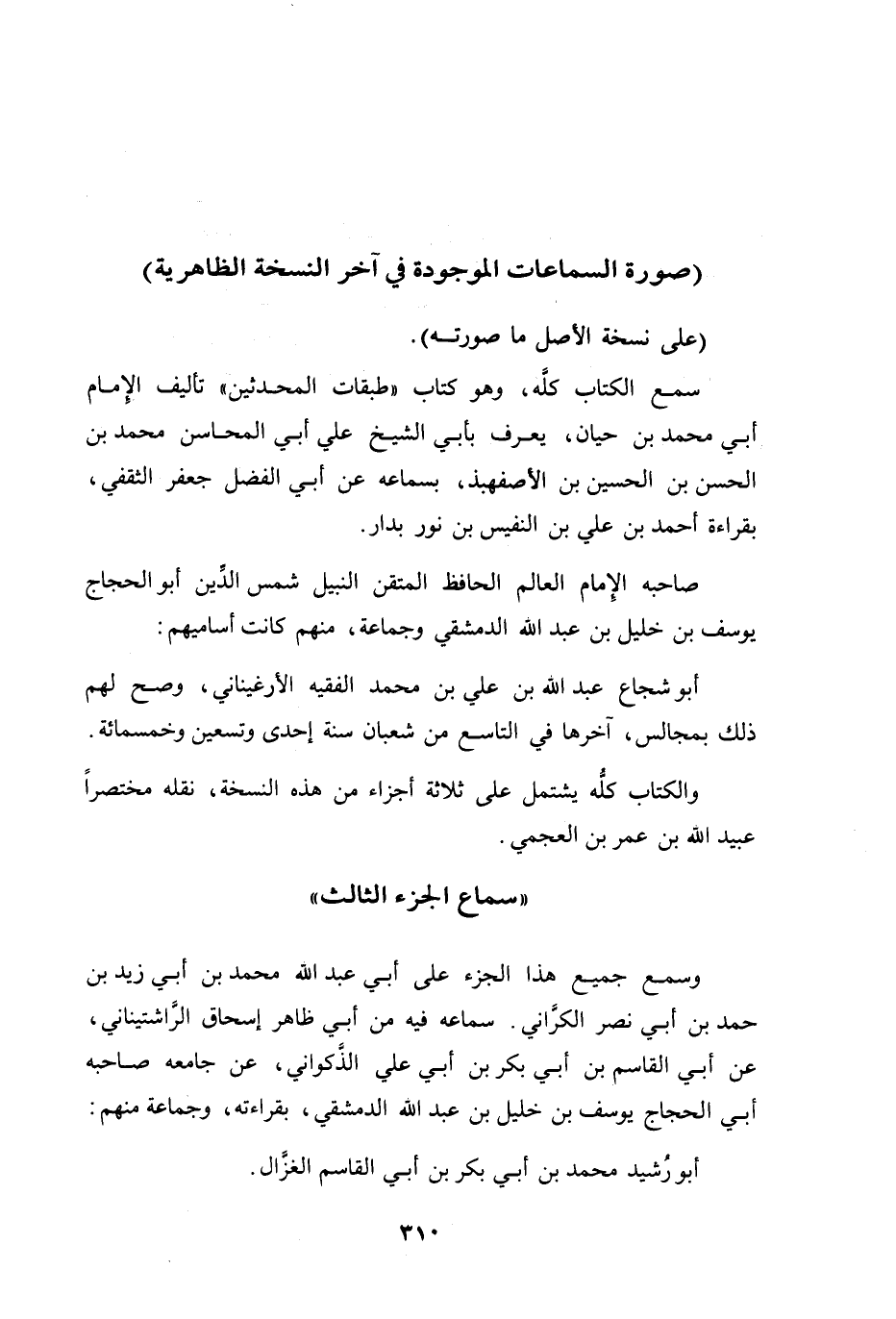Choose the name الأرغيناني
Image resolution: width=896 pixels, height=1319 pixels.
(269, 688)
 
